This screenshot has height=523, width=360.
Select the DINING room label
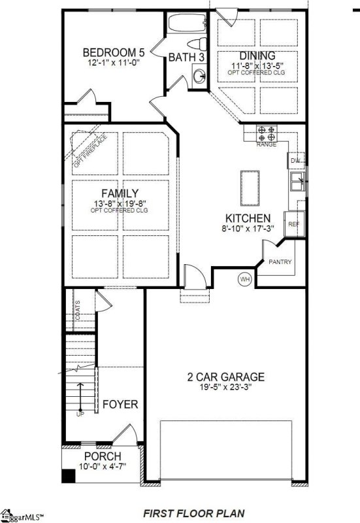pos(257,56)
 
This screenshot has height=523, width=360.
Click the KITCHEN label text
pos(248,218)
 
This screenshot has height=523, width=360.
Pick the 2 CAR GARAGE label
pos(226,377)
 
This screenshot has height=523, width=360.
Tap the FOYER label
pos(120,405)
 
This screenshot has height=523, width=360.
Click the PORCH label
pos(102,456)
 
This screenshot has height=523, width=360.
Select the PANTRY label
pos(280,263)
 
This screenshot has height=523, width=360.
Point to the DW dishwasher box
pos(295,160)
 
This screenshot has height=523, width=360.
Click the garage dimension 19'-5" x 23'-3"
pos(226,388)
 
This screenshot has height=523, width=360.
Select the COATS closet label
pos(77,310)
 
